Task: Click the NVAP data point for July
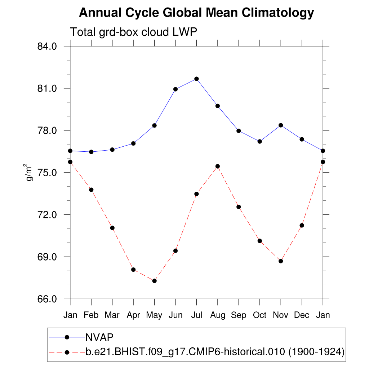point(196,79)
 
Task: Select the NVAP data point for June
point(175,89)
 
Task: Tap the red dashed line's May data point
point(154,281)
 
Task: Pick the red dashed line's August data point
point(218,166)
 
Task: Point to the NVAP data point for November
point(281,125)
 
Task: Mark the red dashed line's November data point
point(281,261)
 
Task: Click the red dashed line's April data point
point(133,270)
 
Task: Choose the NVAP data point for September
point(239,131)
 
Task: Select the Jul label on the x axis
point(196,315)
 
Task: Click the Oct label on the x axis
point(259,315)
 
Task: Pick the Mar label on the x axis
point(112,315)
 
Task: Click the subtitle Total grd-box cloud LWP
point(133,32)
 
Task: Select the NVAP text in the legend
point(99,337)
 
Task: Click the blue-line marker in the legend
point(67,337)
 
